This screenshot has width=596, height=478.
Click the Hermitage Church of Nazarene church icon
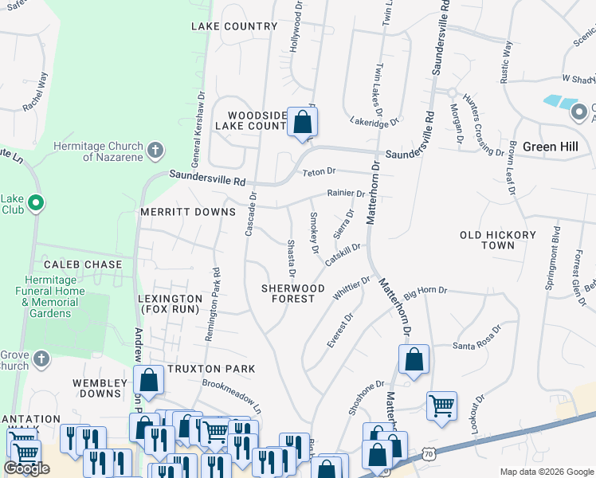coord(155,149)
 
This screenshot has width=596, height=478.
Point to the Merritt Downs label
coord(188,212)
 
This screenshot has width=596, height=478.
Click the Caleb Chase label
coord(83,264)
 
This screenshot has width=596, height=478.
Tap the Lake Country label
coord(233,26)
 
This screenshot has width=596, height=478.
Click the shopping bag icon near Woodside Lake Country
coord(302,122)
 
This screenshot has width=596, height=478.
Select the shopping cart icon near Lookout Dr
coord(441,406)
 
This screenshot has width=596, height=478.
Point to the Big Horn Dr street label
coord(426,292)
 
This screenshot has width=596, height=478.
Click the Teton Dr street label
coord(320,171)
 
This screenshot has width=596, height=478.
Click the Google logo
coord(26,468)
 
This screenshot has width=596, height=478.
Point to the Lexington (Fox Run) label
coord(170,304)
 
